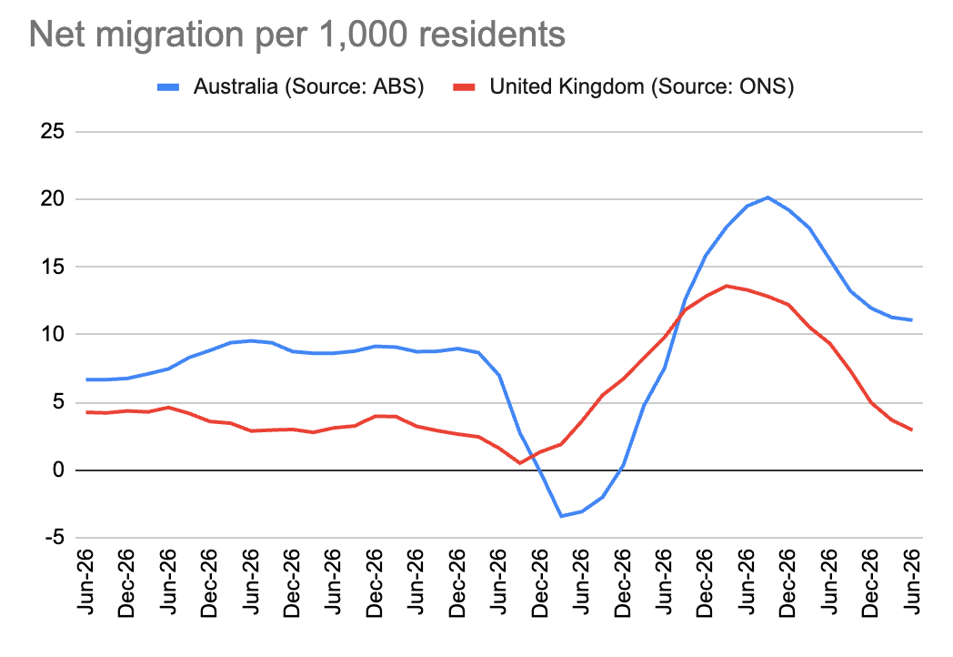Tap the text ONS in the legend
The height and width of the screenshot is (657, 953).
pos(768,87)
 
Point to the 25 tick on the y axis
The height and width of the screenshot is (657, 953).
pos(53,132)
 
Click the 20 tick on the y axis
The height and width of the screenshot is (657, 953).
pos(53,199)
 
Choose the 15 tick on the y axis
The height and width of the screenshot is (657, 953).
pos(53,267)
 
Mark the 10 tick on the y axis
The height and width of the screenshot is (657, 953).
pos(53,335)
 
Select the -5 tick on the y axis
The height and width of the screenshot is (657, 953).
pos(51,538)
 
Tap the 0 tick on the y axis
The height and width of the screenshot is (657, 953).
pos(58,470)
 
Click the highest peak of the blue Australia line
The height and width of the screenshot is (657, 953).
pos(767,197)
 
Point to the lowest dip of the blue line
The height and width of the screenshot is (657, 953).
pos(562,516)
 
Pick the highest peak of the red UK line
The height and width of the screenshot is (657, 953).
pos(727,286)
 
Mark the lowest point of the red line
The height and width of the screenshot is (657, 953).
pos(520,463)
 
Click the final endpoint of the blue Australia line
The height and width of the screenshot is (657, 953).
pos(911,319)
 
